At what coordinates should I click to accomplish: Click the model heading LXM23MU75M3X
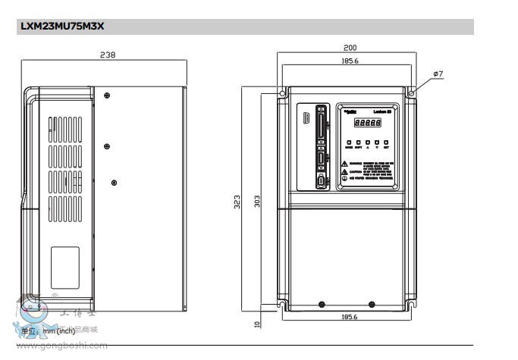click(x=60, y=27)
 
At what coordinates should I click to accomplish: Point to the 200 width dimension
click(x=350, y=48)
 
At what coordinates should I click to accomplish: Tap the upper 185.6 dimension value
click(x=350, y=61)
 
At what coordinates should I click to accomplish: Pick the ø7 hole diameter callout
click(x=438, y=73)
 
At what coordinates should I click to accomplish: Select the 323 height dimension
click(x=237, y=202)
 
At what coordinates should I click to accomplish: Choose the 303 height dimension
click(x=257, y=201)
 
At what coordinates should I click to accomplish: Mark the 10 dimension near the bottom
click(x=257, y=324)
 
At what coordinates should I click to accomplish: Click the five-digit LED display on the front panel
click(x=368, y=122)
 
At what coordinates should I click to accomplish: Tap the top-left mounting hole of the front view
click(x=282, y=94)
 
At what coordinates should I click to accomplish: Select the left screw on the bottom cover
click(x=322, y=304)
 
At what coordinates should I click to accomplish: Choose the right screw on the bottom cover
click(x=371, y=304)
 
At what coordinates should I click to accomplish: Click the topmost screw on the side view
click(x=107, y=95)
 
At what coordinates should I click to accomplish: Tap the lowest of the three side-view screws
click(x=114, y=182)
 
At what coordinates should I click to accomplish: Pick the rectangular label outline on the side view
click(x=65, y=267)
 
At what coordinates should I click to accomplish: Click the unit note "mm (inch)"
click(x=58, y=330)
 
